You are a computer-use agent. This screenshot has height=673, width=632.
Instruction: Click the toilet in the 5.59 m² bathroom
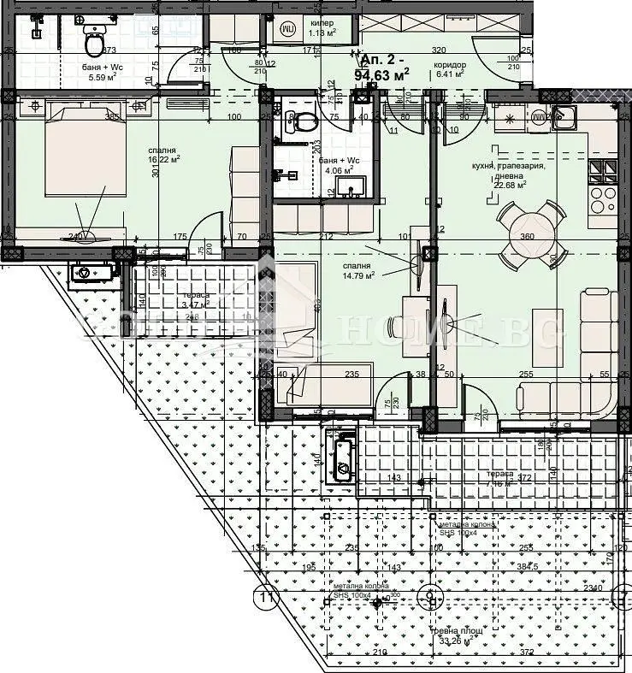(x=94, y=38)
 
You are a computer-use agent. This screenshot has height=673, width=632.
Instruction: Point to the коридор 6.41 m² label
(x=449, y=68)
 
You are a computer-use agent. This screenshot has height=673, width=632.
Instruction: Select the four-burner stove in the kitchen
(x=605, y=199)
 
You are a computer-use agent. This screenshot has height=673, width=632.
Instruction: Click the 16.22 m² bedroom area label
(x=139, y=153)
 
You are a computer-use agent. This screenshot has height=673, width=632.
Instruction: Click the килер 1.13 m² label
(x=322, y=27)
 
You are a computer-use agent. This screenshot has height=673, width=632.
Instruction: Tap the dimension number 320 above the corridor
(x=439, y=50)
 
